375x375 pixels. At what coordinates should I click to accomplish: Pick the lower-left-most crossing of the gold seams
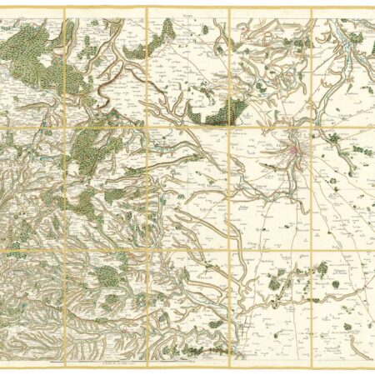tap(65, 248)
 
